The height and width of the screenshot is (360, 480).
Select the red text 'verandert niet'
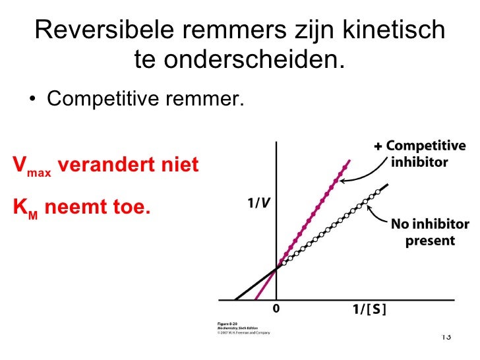129,164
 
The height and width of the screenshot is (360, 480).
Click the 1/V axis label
257,203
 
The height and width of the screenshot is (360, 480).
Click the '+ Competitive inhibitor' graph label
419,153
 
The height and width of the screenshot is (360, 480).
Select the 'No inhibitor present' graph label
429,232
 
